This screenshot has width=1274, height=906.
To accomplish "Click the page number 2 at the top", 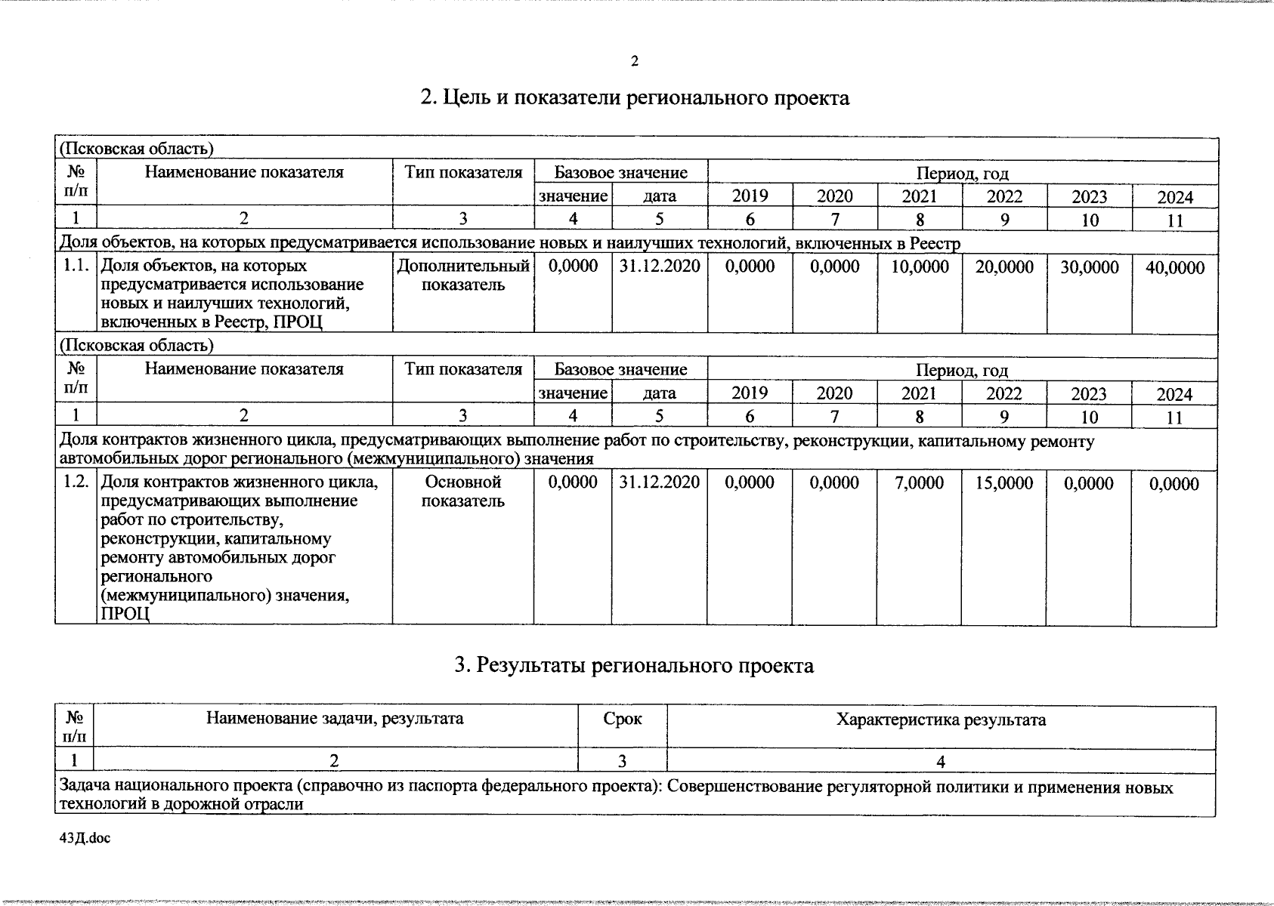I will pyautogui.click(x=635, y=61).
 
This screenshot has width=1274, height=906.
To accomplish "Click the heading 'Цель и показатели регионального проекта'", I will pyautogui.click(x=635, y=98).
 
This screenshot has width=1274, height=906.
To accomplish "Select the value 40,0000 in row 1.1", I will pyautogui.click(x=1175, y=267).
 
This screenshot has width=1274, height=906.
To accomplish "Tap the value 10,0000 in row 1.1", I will pyautogui.click(x=920, y=267).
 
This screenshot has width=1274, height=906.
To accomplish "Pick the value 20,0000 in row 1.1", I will pyautogui.click(x=1004, y=267).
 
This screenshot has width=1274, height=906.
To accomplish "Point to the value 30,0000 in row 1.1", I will pyautogui.click(x=1089, y=267).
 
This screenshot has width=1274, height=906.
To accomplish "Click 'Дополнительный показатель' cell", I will pyautogui.click(x=463, y=276).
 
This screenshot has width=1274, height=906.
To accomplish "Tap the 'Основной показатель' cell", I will pyautogui.click(x=463, y=492).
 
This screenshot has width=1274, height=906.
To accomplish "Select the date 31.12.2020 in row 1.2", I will pyautogui.click(x=659, y=482).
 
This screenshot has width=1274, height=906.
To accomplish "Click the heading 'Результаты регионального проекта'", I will pyautogui.click(x=635, y=666).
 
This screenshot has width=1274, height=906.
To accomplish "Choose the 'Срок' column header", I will pyautogui.click(x=623, y=720).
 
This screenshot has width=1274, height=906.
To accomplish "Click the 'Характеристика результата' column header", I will pyautogui.click(x=941, y=720).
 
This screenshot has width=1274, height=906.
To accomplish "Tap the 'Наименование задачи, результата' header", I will pyautogui.click(x=335, y=719).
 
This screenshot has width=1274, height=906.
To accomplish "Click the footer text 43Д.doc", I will pyautogui.click(x=84, y=838).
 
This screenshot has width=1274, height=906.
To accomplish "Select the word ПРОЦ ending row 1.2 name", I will pyautogui.click(x=125, y=615).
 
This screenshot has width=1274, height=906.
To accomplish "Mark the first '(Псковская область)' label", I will pyautogui.click(x=136, y=149).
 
